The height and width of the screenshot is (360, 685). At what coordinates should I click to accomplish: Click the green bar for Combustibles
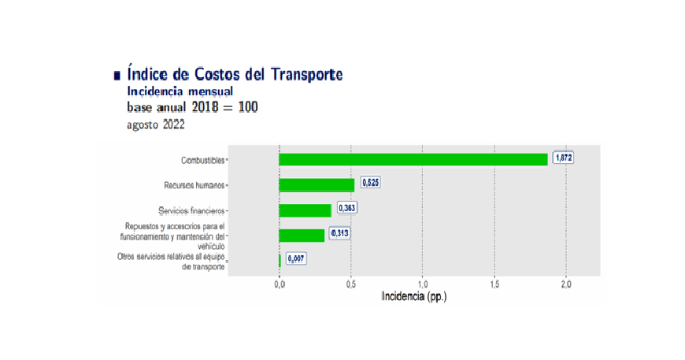(x=413, y=159)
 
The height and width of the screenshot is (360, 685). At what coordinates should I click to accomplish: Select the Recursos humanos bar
(x=317, y=185)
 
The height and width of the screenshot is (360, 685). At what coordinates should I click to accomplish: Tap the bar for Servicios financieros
(x=305, y=210)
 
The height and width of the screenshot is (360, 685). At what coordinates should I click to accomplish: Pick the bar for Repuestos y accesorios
(x=302, y=235)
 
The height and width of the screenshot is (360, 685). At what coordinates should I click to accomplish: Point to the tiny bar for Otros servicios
(x=280, y=260)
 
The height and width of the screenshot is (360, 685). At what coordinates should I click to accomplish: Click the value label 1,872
(x=563, y=158)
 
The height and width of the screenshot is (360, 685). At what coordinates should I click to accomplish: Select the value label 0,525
(x=370, y=183)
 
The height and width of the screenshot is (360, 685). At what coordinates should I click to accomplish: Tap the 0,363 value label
(x=346, y=208)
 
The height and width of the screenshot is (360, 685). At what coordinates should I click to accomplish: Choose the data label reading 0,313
(x=339, y=233)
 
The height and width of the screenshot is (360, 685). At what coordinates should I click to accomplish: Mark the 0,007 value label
(x=296, y=258)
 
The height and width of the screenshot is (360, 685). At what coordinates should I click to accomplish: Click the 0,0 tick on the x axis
(x=280, y=284)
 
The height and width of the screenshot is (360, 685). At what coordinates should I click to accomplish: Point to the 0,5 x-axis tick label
(x=351, y=284)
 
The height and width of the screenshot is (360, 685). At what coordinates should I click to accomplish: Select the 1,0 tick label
(x=423, y=284)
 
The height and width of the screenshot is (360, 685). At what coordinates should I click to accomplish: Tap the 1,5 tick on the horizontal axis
(x=494, y=284)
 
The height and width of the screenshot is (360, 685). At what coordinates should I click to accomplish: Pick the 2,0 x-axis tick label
(x=565, y=284)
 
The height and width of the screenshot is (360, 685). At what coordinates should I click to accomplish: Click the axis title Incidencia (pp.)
(x=414, y=297)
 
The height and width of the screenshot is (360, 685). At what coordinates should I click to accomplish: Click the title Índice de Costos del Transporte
(x=235, y=75)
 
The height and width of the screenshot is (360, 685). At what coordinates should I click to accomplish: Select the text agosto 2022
(x=156, y=124)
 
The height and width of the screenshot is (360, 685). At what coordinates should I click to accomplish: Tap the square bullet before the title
(x=117, y=76)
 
